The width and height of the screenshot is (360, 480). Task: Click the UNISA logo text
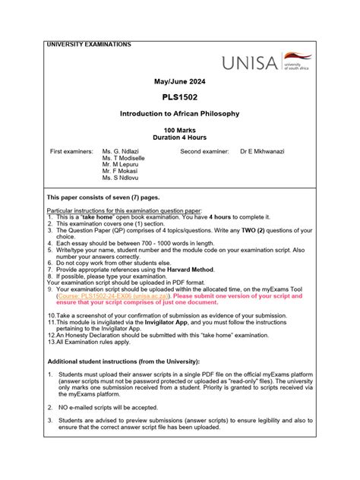[x=250, y=64]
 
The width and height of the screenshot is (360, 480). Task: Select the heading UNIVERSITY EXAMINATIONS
[x=89, y=45]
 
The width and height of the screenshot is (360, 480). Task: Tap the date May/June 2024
[x=179, y=81]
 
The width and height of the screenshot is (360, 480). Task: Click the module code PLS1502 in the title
[x=179, y=97]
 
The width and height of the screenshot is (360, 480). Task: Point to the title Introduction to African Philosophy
[x=179, y=114]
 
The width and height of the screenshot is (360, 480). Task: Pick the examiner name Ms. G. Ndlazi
[x=125, y=152]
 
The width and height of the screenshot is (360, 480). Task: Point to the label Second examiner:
[x=204, y=152]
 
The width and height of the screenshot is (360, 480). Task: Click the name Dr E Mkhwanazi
[x=262, y=152]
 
